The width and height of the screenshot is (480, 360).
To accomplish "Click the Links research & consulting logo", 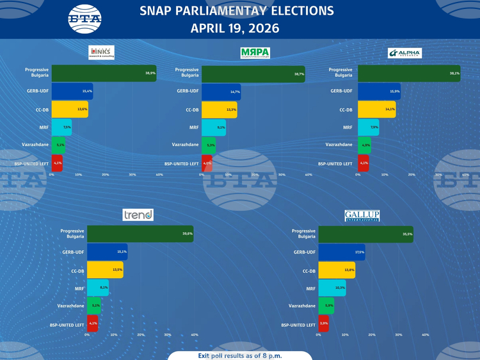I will point(102,53).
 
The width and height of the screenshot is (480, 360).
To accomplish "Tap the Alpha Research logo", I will point(404,53).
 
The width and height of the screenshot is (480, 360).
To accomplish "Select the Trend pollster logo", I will point(138,215).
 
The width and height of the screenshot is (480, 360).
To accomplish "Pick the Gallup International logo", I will point(362,216).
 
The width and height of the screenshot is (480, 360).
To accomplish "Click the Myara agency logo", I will point(255,53).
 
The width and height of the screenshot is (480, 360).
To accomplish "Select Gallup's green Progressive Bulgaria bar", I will point(365,234).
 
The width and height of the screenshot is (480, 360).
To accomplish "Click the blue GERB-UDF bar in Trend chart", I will point(107,252).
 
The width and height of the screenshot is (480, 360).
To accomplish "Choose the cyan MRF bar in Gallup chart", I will point(332,288).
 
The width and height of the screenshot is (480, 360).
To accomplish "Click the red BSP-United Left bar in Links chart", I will point(57,163).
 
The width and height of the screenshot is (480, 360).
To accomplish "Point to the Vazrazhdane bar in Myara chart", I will point(209,145).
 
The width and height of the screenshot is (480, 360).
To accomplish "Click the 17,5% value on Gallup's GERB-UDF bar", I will point(359,252).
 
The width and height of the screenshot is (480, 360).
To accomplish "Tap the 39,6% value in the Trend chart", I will point(187,234).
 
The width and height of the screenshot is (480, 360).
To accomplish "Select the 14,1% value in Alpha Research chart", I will point(390,110).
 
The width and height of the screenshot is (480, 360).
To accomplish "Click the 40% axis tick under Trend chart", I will point(195,334).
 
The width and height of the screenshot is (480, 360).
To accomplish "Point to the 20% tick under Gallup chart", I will point(372,334).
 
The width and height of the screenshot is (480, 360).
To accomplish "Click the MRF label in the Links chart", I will point(44,127).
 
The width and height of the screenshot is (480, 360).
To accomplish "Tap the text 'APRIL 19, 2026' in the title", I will point(235,29).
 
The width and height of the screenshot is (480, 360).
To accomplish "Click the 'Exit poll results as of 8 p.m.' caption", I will point(240,355).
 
